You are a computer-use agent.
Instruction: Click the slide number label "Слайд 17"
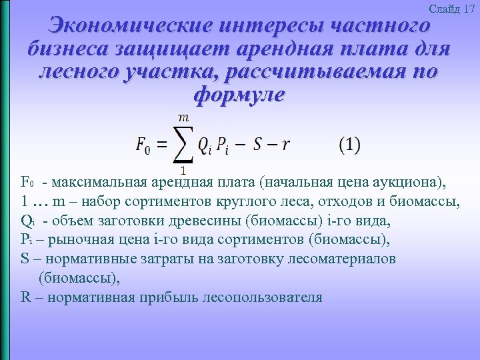click(452, 9)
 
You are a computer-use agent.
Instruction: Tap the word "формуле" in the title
click(239, 94)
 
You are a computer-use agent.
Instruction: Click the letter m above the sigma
click(183, 117)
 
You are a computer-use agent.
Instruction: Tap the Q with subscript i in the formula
click(205, 146)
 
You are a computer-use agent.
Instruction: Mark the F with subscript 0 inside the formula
click(142, 146)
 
